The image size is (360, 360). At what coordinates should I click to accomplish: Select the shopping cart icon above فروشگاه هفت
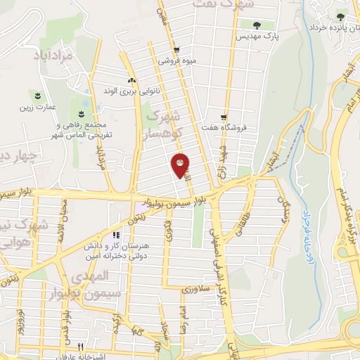point(224,117)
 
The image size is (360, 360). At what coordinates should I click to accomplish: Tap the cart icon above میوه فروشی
point(177,49)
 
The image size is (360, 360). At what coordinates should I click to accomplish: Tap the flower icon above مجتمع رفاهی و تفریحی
point(82,114)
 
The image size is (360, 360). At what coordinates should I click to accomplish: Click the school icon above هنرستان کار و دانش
point(115,234)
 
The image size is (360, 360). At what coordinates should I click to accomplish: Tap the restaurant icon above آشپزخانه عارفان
point(80,346)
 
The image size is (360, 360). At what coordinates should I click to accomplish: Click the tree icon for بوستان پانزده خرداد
point(340,15)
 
